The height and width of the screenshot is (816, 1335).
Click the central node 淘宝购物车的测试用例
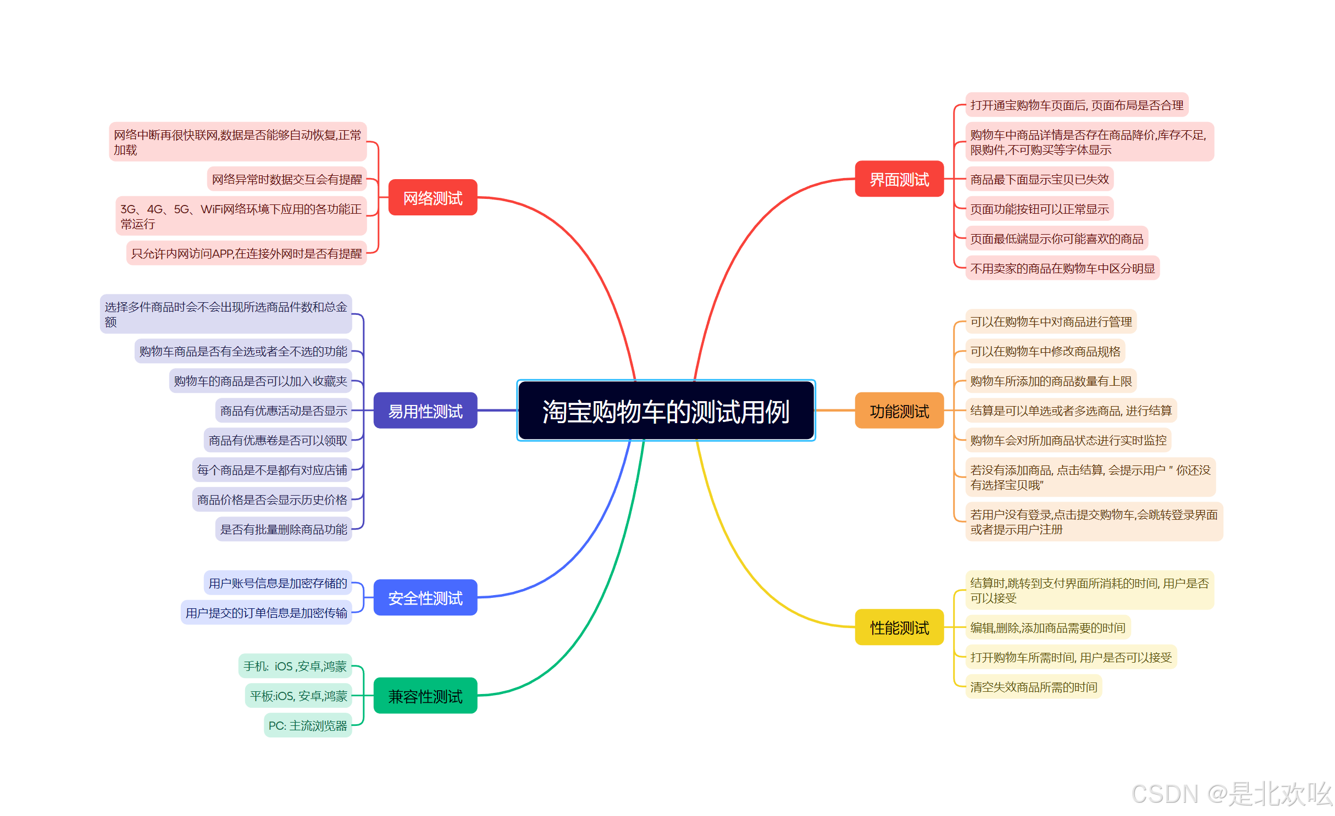pyautogui.click(x=666, y=410)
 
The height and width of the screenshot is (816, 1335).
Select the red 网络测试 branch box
pyautogui.click(x=433, y=197)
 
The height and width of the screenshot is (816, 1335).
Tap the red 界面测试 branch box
pyautogui.click(x=899, y=179)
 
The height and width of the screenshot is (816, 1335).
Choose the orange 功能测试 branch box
pyautogui.click(x=899, y=410)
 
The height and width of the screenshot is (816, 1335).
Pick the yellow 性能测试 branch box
pyautogui.click(x=899, y=627)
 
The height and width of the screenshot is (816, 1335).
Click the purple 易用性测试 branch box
pyautogui.click(x=425, y=410)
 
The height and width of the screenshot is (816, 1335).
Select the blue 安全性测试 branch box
pyautogui.click(x=425, y=597)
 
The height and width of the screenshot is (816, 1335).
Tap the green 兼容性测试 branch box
pyautogui.click(x=425, y=696)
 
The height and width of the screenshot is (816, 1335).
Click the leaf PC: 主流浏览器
pyautogui.click(x=308, y=725)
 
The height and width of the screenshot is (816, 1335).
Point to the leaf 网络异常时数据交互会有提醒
pyautogui.click(x=287, y=179)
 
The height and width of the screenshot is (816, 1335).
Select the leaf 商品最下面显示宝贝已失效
pyautogui.click(x=1039, y=179)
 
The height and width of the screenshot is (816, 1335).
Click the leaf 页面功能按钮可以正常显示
pyautogui.click(x=1039, y=209)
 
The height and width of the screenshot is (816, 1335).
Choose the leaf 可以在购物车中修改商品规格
pyautogui.click(x=1045, y=351)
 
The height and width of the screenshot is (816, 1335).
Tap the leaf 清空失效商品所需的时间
pyautogui.click(x=1033, y=687)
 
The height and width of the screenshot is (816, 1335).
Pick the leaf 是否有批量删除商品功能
pyautogui.click(x=284, y=529)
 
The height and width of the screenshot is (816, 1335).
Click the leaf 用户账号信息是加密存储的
pyautogui.click(x=278, y=583)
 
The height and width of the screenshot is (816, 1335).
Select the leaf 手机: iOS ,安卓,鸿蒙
pyautogui.click(x=295, y=666)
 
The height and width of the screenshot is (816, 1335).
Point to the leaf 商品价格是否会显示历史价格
pyautogui.click(x=272, y=499)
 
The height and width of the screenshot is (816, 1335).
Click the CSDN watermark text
pyautogui.click(x=1231, y=793)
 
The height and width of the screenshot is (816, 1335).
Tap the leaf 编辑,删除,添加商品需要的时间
pyautogui.click(x=1048, y=628)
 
